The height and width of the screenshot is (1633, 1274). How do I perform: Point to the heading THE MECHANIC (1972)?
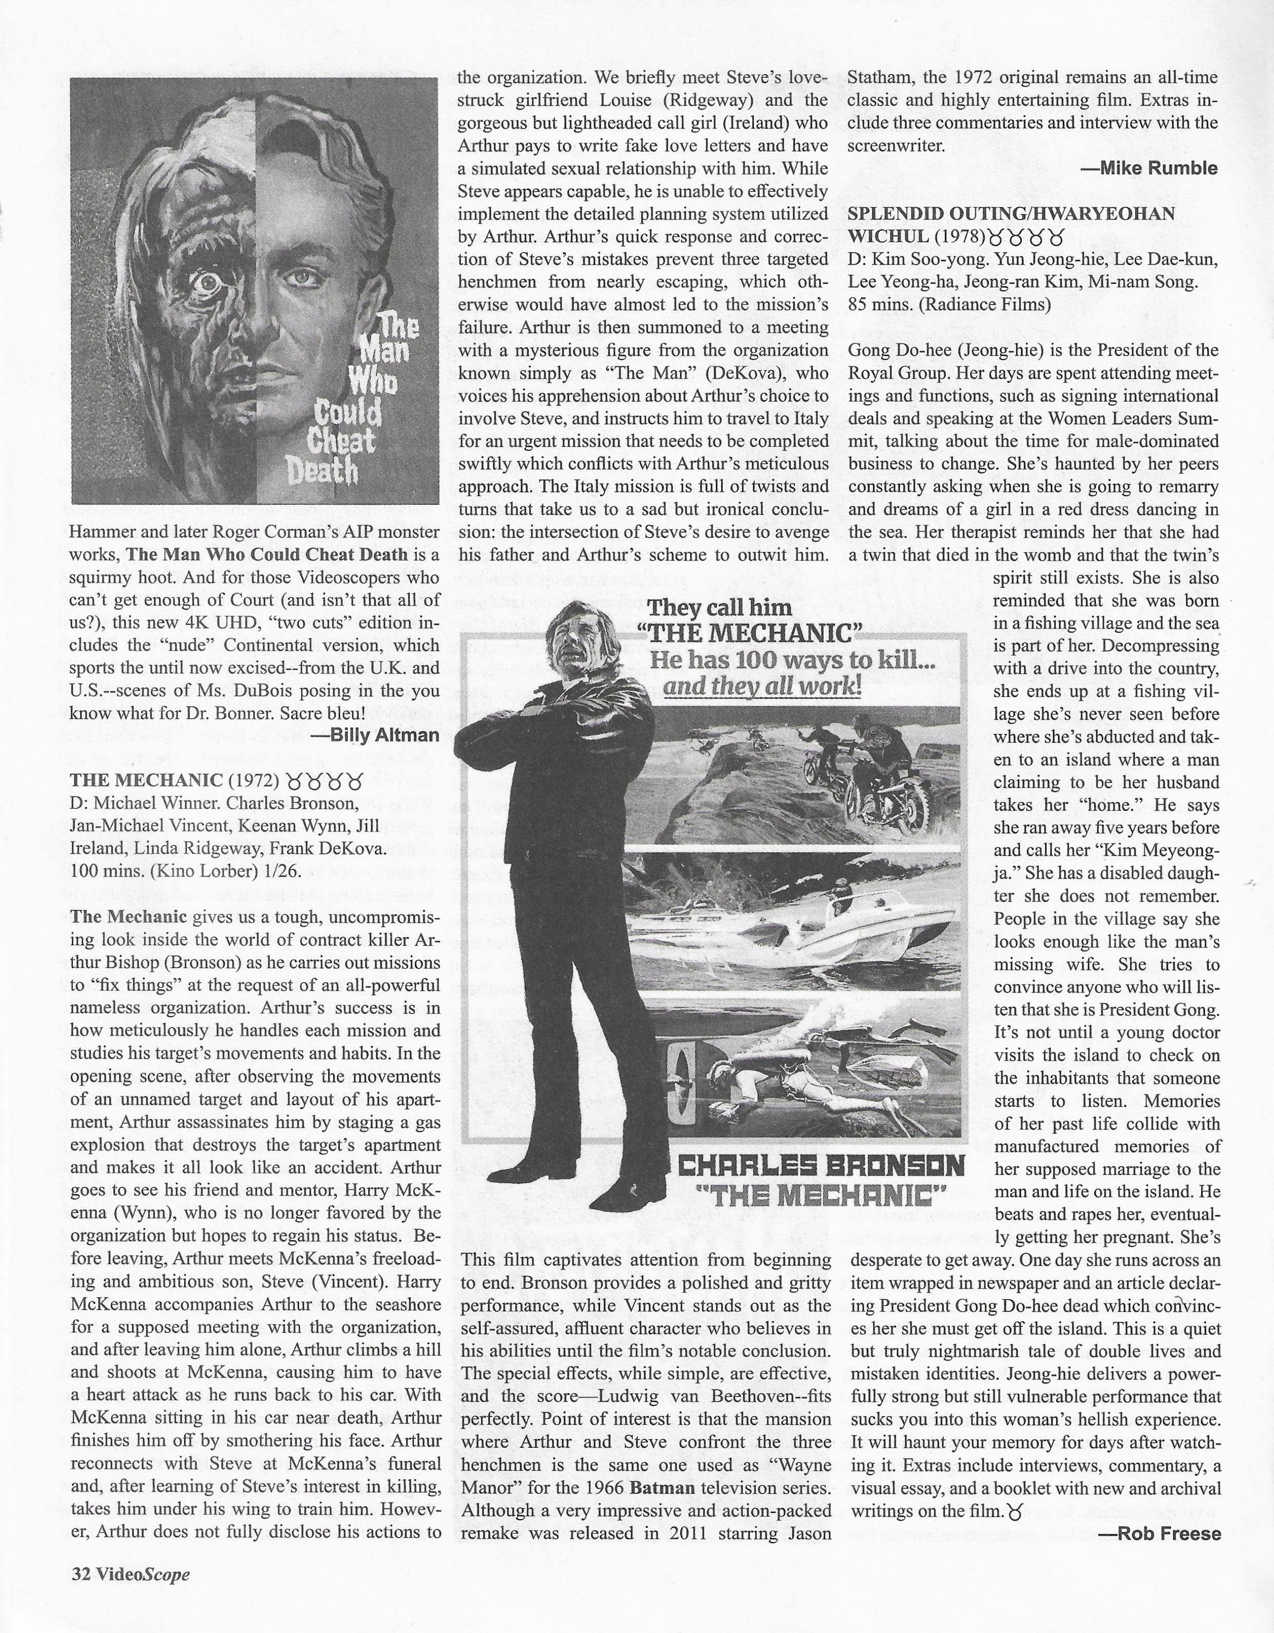pyautogui.click(x=174, y=781)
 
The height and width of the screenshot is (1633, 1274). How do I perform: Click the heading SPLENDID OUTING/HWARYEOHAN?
pyautogui.click(x=1011, y=214)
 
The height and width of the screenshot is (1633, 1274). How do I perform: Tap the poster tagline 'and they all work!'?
pyautogui.click(x=763, y=686)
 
